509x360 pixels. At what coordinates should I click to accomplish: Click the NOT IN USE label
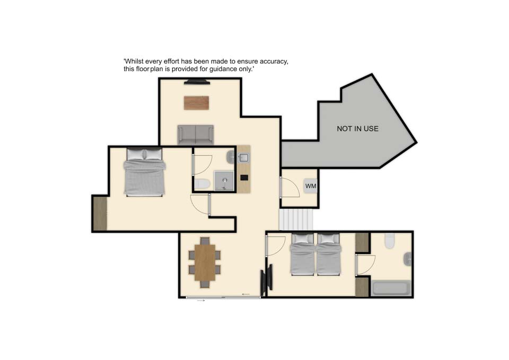(x=357, y=128)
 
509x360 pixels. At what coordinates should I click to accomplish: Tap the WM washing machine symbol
(x=311, y=186)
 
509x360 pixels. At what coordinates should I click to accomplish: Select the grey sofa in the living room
(x=196, y=135)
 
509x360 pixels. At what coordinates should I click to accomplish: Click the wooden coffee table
(x=196, y=103)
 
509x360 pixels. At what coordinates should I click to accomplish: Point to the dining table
(x=205, y=262)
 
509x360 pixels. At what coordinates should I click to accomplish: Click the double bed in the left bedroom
(x=144, y=172)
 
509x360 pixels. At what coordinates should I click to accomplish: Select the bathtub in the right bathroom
(x=391, y=288)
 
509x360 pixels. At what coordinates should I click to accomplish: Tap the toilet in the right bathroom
(x=390, y=241)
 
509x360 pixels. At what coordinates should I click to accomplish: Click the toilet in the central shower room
(x=202, y=185)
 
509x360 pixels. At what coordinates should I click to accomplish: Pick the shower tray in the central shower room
(x=224, y=181)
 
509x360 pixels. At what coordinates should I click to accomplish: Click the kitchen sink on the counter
(x=243, y=158)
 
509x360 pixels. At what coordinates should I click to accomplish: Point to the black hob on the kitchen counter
(x=244, y=178)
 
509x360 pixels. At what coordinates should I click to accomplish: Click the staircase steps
(x=296, y=219)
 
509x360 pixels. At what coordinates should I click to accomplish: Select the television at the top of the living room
(x=197, y=82)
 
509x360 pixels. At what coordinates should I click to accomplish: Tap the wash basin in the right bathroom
(x=408, y=259)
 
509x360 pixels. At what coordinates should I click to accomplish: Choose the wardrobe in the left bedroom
(x=100, y=214)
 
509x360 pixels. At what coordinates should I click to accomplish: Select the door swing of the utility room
(x=290, y=187)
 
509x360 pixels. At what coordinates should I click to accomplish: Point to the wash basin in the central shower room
(x=231, y=157)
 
